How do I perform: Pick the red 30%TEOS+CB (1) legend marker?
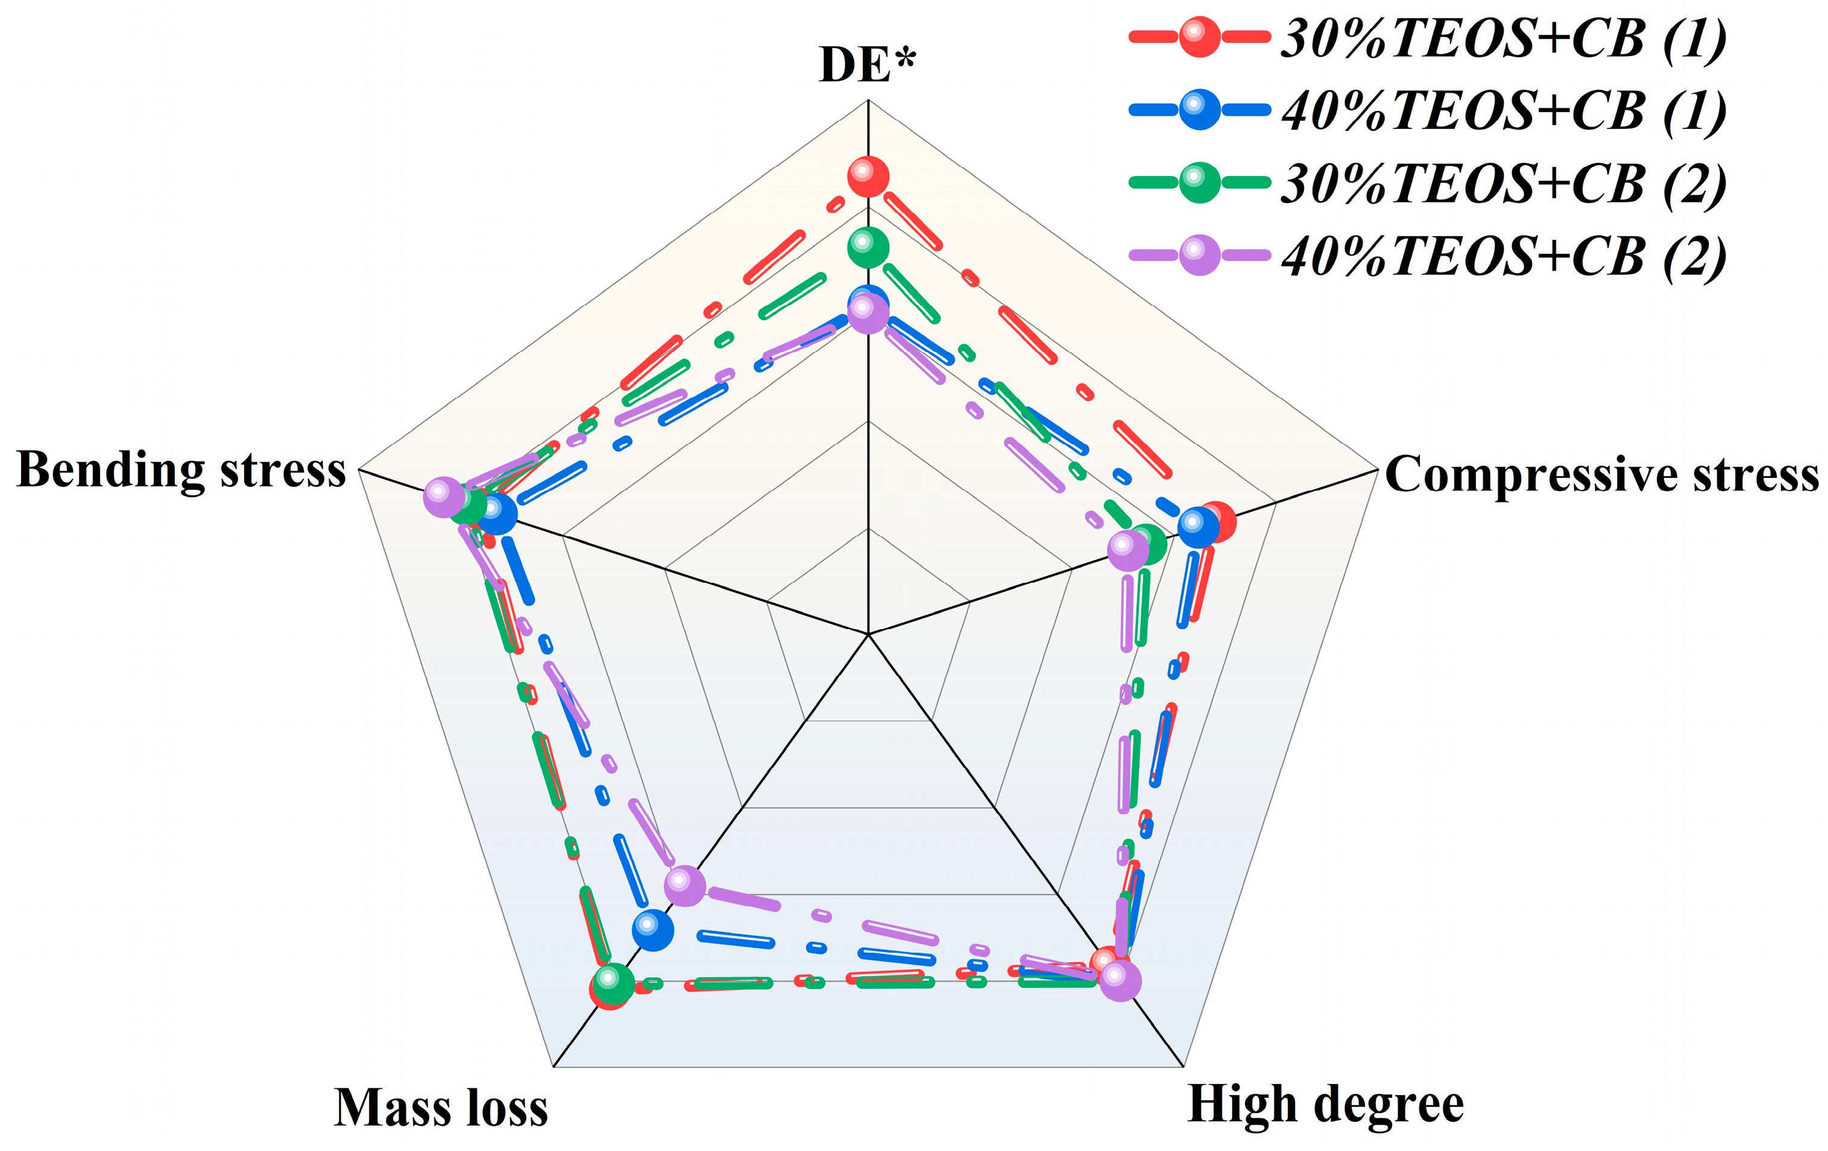point(1199,36)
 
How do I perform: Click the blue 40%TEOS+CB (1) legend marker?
point(1199,109)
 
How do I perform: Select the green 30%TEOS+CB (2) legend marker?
point(1199,182)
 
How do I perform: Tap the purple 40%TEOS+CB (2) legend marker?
point(1199,254)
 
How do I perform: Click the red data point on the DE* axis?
point(868,177)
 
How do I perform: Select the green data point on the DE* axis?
point(868,247)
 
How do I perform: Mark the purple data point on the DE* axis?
point(868,313)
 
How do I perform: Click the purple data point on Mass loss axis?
point(685,885)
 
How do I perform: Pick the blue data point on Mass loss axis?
point(653,930)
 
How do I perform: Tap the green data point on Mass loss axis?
point(613,984)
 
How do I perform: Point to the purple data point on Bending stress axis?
point(443,497)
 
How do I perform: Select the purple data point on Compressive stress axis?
point(1128,550)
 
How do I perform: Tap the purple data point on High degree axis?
point(1120,980)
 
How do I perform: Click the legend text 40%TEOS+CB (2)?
point(1503,257)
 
